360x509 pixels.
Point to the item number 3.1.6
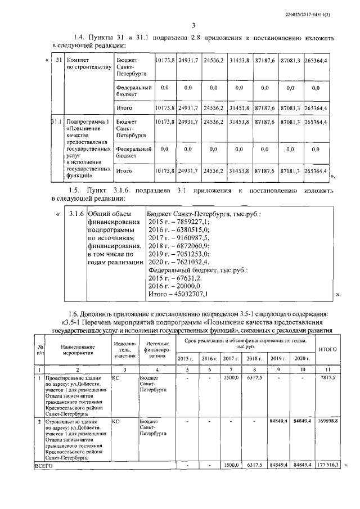pyautogui.click(x=76, y=214)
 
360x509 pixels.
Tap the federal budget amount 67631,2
pyautogui.click(x=175, y=278)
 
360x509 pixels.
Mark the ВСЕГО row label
pyautogui.click(x=44, y=466)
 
